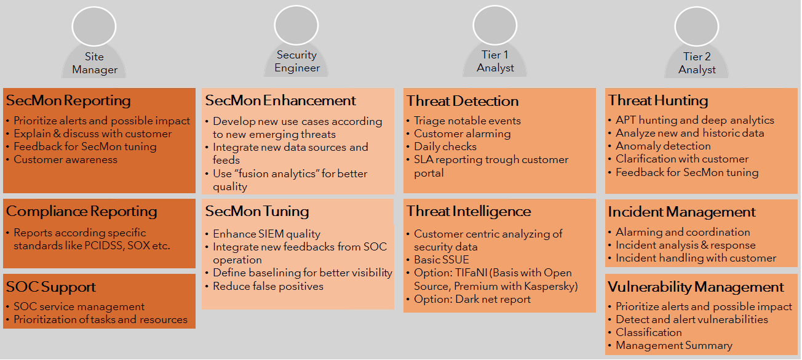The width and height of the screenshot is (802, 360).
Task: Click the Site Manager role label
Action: pyautogui.click(x=95, y=63)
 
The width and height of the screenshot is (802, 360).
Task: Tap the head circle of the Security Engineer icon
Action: pyautogui.click(x=296, y=25)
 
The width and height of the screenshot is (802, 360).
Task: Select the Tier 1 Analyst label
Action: pyautogui.click(x=495, y=62)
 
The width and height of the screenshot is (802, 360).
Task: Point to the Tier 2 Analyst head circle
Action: pyautogui.click(x=697, y=26)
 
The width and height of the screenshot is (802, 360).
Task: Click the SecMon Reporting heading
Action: pyautogui.click(x=68, y=101)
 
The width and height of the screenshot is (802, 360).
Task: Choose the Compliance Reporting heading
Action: pyautogui.click(x=82, y=211)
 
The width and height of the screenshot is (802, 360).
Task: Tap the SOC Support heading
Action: pyautogui.click(x=51, y=287)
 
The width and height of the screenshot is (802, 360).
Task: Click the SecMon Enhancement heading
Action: pyautogui.click(x=280, y=101)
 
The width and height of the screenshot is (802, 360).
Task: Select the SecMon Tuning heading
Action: pyautogui.click(x=257, y=211)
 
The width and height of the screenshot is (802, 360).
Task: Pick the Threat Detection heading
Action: pyautogui.click(x=463, y=101)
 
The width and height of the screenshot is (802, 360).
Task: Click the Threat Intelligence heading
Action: pyautogui.click(x=468, y=211)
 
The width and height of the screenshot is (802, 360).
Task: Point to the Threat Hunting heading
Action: pyautogui.click(x=658, y=101)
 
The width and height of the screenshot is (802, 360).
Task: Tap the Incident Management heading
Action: pyautogui.click(x=681, y=212)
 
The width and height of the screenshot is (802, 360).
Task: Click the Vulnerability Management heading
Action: pyautogui.click(x=696, y=287)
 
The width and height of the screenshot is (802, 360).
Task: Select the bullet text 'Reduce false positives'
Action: pyautogui.click(x=268, y=286)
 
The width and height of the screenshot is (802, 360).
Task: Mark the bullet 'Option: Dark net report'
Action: pyautogui.click(x=472, y=299)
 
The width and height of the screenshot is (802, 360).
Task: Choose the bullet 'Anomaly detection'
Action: pyautogui.click(x=663, y=146)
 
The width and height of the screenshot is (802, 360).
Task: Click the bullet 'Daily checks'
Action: pyautogui.click(x=445, y=146)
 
